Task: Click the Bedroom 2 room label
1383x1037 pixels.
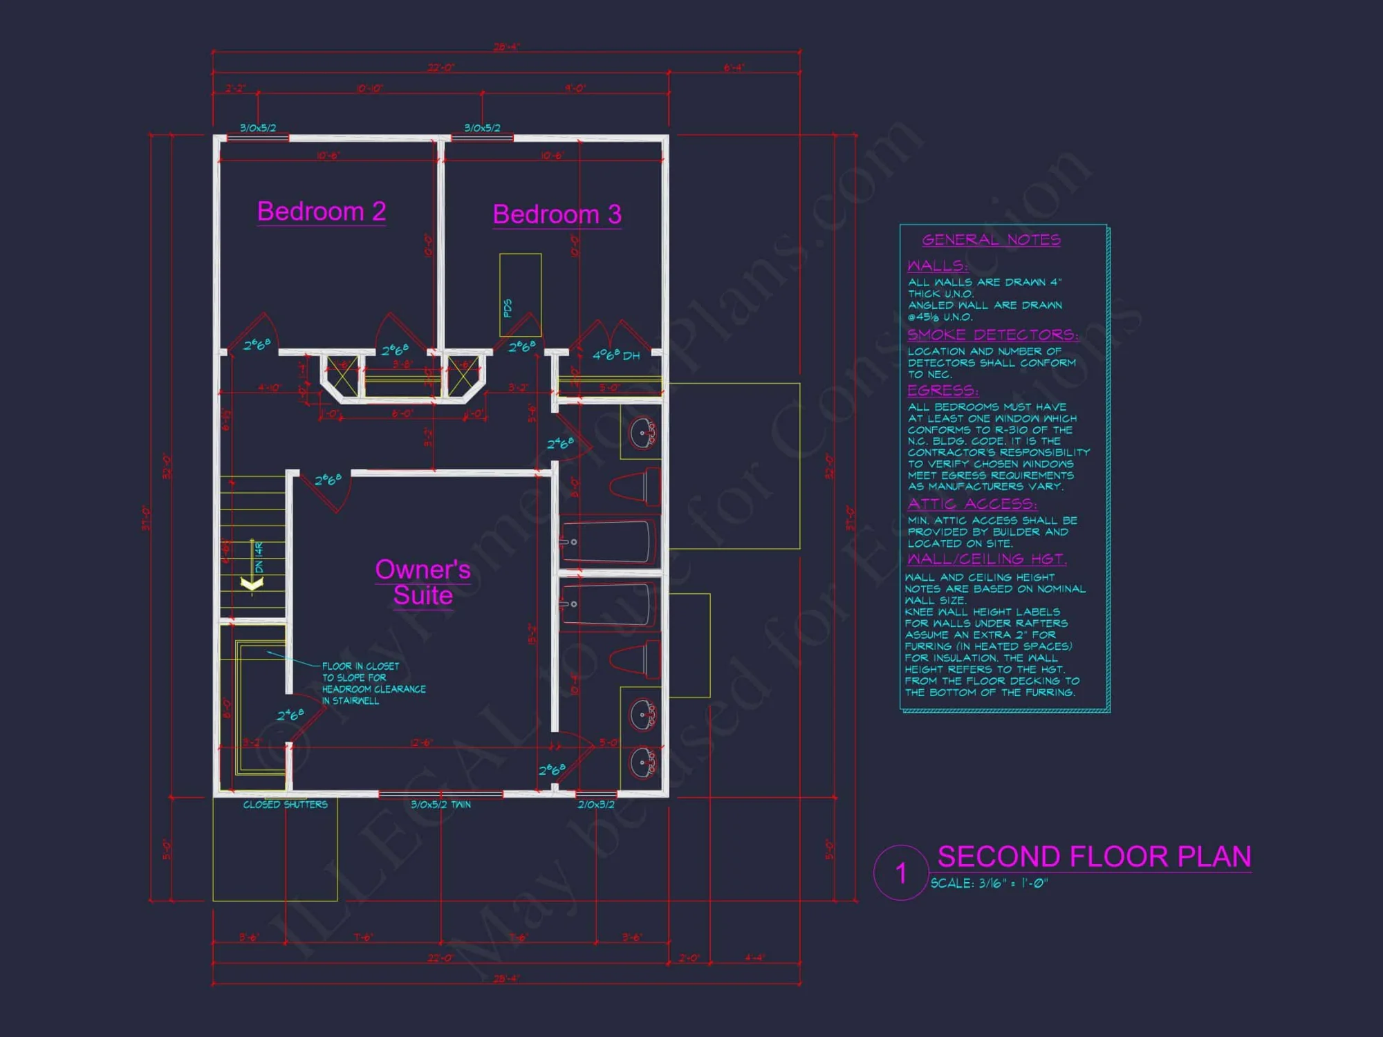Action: pos(322,212)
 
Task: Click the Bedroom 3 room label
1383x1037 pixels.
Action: pos(557,214)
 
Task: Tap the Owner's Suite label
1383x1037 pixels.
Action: pos(423,582)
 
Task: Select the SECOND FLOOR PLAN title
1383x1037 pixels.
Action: pos(1094,857)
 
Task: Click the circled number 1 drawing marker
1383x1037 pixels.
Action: pos(900,872)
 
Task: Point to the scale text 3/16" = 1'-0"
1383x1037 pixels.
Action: pos(989,884)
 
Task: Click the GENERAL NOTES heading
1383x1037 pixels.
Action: pos(991,240)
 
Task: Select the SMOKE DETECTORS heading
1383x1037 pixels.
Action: pos(992,335)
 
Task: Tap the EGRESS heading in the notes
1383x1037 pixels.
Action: pos(943,391)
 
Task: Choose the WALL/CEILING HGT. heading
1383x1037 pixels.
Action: pos(987,559)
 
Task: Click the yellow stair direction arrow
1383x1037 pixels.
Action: pos(252,584)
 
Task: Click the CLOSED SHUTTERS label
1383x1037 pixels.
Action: pos(285,805)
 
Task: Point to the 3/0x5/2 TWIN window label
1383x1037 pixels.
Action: pos(440,805)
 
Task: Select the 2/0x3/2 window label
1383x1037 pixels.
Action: pos(595,805)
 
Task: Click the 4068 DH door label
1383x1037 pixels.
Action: pos(615,355)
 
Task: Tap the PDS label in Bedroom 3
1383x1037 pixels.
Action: pos(508,308)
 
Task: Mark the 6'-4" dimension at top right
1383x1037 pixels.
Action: pos(733,68)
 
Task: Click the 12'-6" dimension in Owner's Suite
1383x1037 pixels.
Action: pos(421,742)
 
